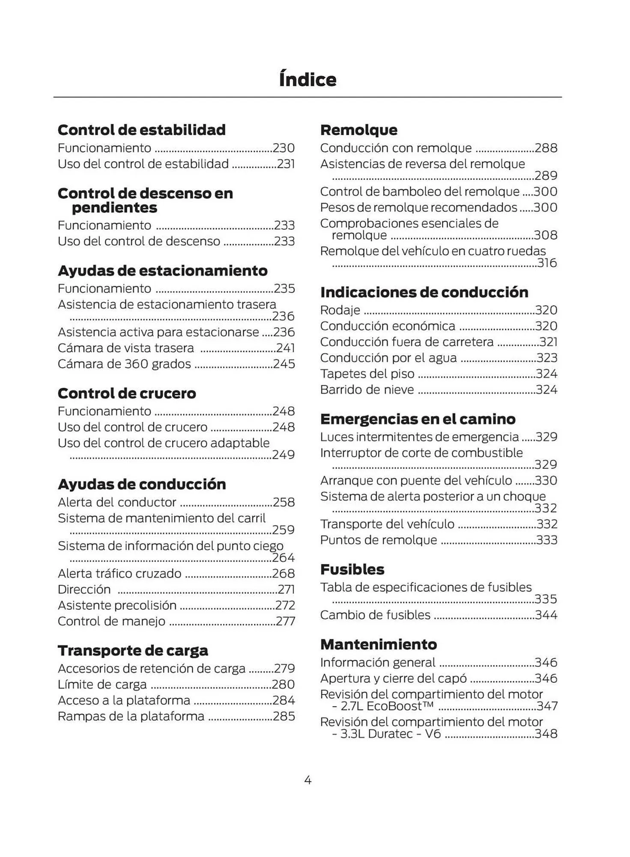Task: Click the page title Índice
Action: tap(308, 80)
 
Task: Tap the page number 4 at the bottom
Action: tap(308, 780)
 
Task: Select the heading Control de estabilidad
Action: tap(141, 130)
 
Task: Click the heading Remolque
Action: tap(359, 130)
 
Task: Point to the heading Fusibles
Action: tap(352, 569)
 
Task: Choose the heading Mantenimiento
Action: tap(379, 644)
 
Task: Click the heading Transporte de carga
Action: tap(133, 650)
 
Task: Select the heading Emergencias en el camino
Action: tap(418, 419)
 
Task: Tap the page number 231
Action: tap(286, 164)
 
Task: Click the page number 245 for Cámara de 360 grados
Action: tap(284, 364)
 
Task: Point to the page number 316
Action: tap(547, 263)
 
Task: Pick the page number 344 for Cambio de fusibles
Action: tap(546, 615)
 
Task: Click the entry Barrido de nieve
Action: tap(367, 390)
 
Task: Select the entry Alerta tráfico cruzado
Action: tap(119, 574)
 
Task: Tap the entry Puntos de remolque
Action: tap(379, 540)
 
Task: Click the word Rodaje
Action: tap(340, 310)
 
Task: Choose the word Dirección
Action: tap(84, 590)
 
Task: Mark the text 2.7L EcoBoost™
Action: tap(387, 706)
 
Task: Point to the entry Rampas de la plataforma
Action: tap(131, 716)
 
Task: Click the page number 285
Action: tap(284, 716)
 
